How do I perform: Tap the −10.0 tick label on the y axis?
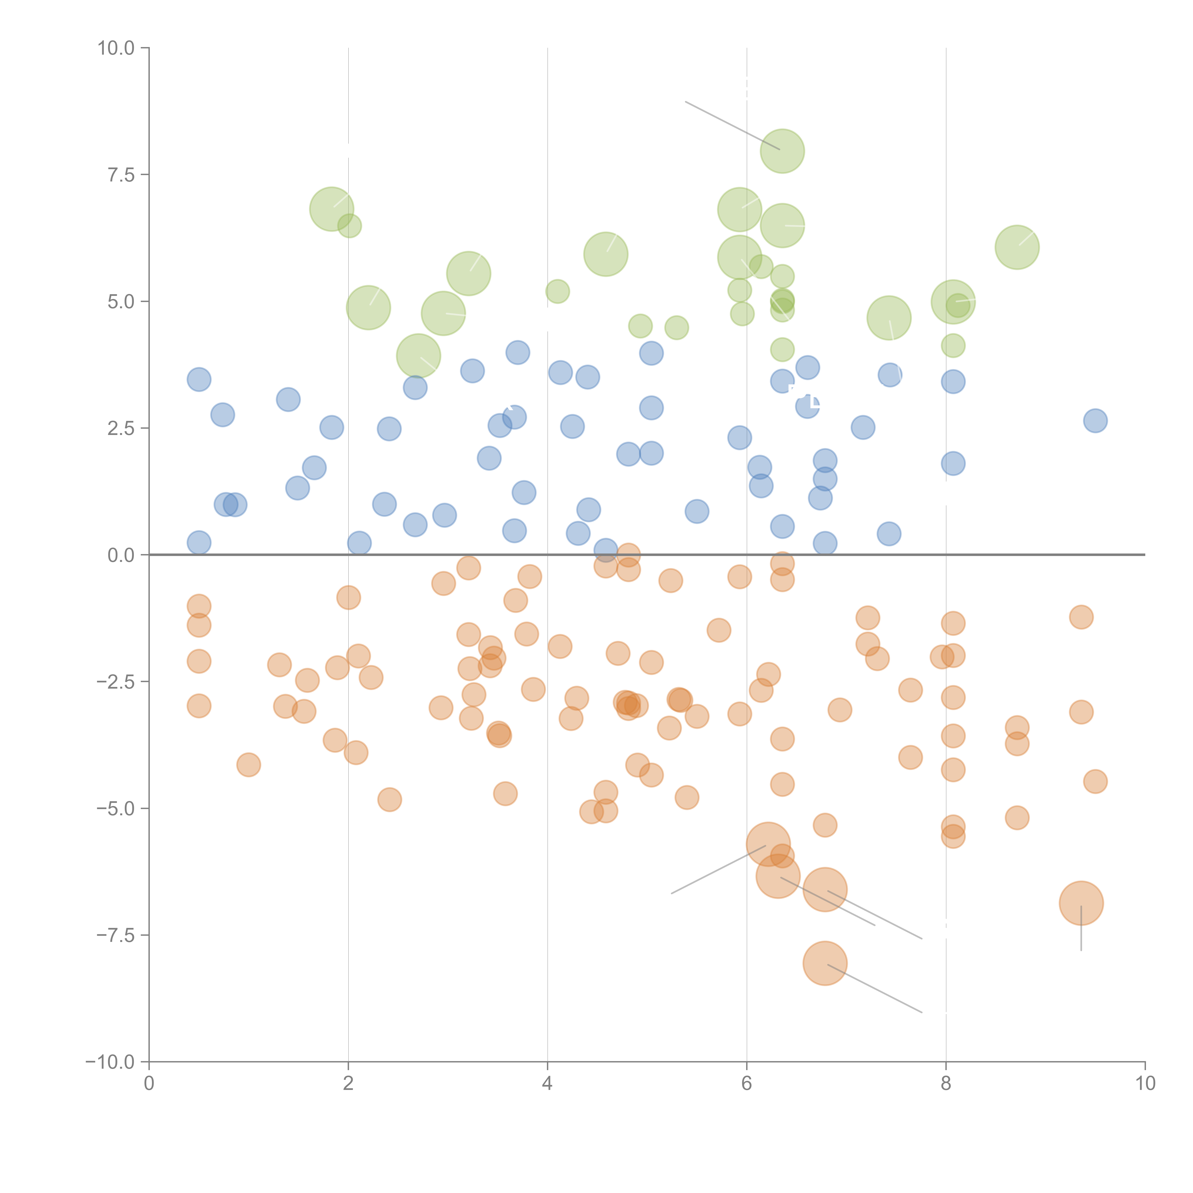(110, 1062)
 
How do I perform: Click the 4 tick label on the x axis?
(547, 1084)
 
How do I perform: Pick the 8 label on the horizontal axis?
(946, 1084)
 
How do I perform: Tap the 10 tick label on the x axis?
(1145, 1084)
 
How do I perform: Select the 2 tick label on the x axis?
(348, 1084)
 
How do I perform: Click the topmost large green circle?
(782, 151)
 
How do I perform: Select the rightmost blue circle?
(1095, 421)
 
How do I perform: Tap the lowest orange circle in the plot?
(825, 963)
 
